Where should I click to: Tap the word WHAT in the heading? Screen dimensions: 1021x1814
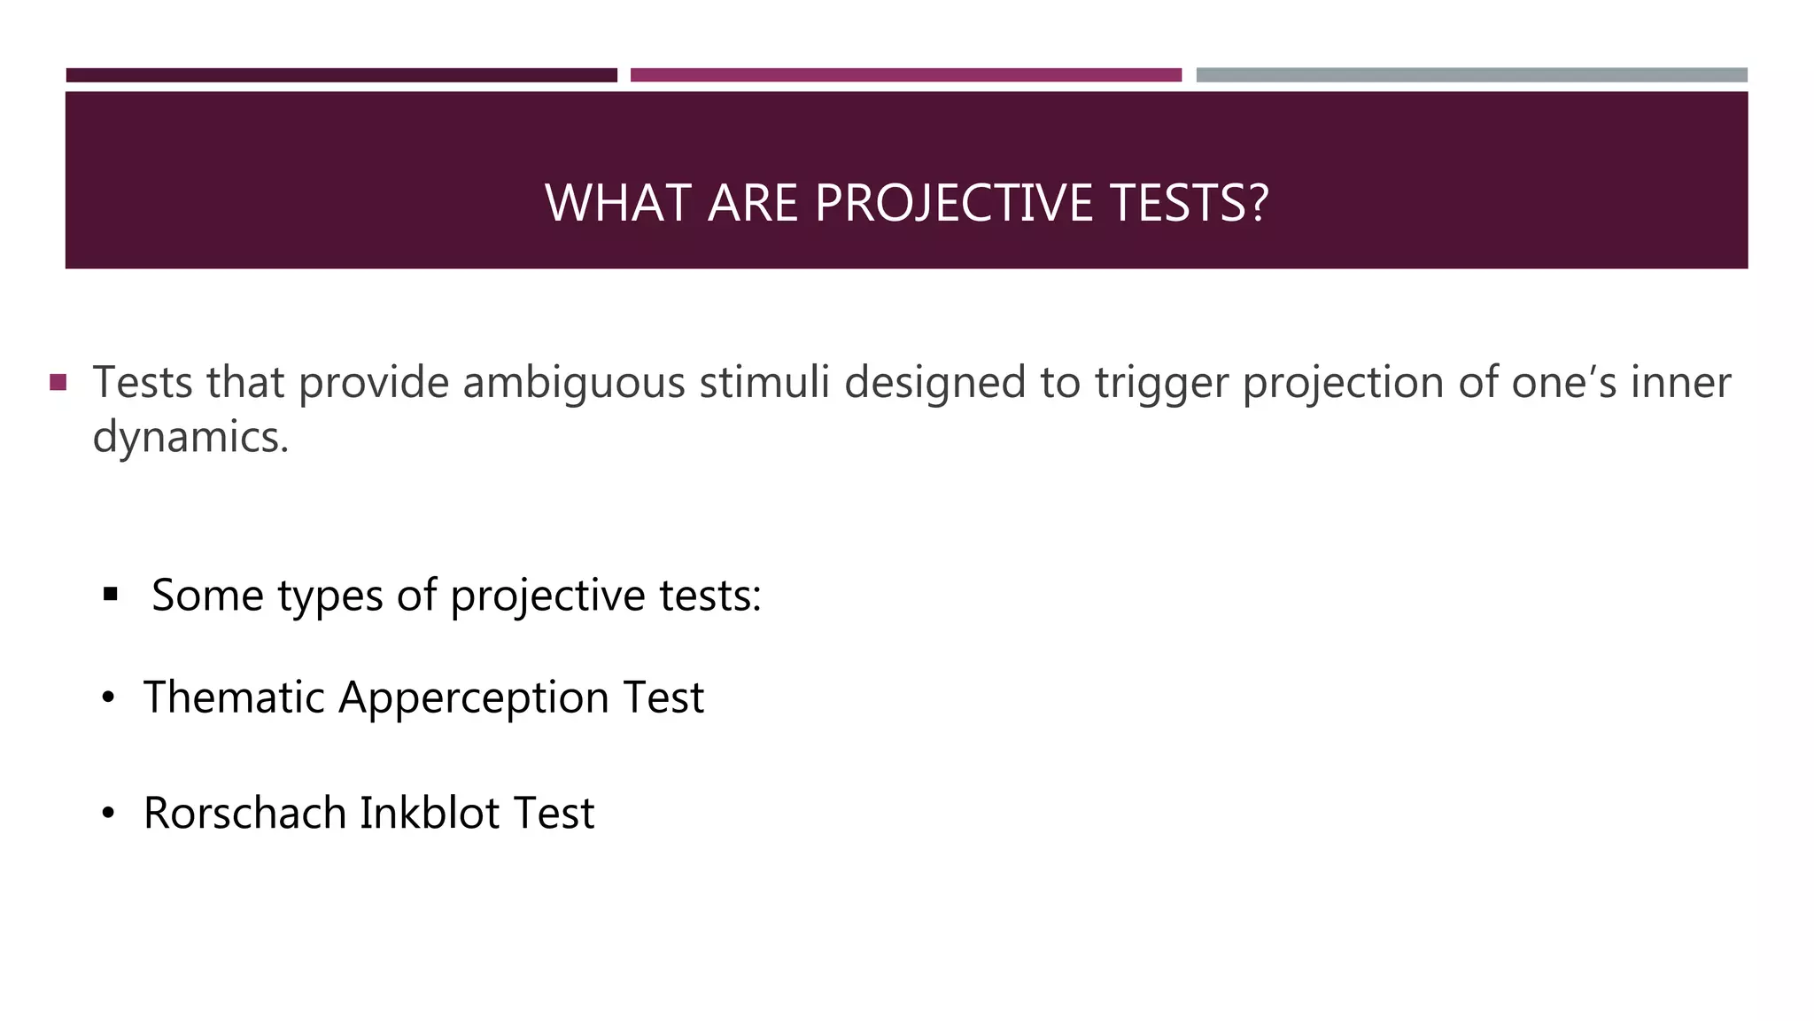pos(618,203)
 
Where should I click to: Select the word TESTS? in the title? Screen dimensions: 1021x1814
pos(1189,203)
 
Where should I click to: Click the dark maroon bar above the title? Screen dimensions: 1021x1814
pos(341,75)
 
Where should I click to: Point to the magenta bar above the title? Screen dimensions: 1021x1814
pos(905,75)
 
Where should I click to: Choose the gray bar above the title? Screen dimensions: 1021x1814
pos(1471,75)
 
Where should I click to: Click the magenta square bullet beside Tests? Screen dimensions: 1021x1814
pos(58,383)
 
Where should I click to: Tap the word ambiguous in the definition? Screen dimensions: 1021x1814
pos(573,383)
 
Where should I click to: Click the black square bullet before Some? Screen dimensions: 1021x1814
pos(111,594)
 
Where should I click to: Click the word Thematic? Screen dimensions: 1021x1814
pos(235,697)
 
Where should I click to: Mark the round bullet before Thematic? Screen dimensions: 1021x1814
pos(108,698)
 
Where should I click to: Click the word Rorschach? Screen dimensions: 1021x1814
pos(244,813)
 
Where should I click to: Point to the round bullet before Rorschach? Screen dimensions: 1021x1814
pos(108,814)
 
